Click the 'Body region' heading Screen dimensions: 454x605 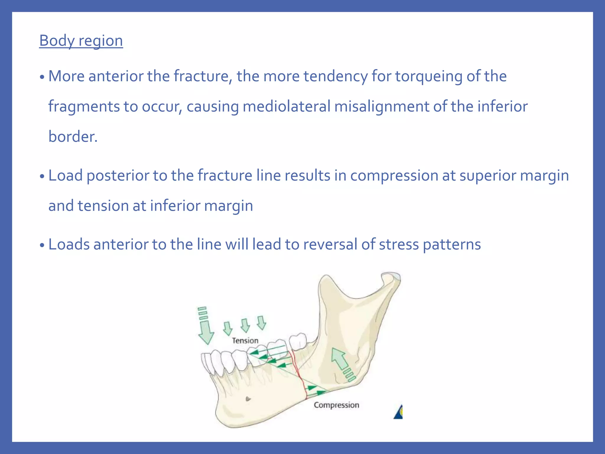[81, 40]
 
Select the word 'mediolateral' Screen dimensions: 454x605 [286, 106]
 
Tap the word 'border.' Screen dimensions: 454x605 [73, 137]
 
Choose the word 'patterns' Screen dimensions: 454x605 [452, 244]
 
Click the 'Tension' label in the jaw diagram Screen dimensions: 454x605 [245, 341]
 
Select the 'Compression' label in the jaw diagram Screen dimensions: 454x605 [336, 405]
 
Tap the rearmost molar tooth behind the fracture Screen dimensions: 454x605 [298, 341]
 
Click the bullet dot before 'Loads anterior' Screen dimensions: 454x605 [42, 245]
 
